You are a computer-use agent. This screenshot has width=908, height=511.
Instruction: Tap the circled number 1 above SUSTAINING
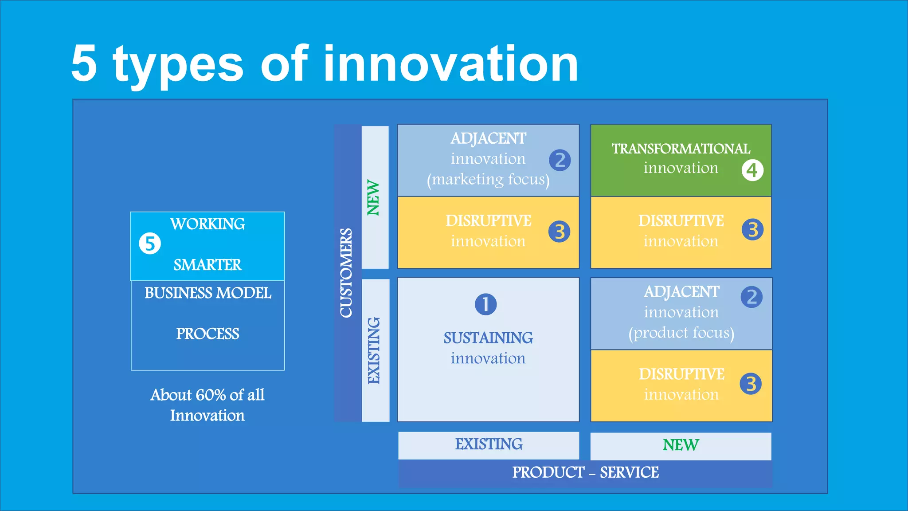pyautogui.click(x=485, y=304)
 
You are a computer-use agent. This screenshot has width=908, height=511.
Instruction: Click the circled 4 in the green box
pyautogui.click(x=752, y=170)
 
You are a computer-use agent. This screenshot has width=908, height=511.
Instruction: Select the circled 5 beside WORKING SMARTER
pyautogui.click(x=150, y=244)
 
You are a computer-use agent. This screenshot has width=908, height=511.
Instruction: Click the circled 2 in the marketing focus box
pyautogui.click(x=560, y=160)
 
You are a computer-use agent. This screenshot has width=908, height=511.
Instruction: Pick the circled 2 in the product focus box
pyautogui.click(x=751, y=297)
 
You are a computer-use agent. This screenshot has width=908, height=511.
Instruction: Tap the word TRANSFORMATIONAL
pyautogui.click(x=681, y=149)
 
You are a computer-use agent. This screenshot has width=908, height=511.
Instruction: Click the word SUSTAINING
pyautogui.click(x=488, y=338)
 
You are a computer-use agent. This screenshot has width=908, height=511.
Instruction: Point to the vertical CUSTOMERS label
pyautogui.click(x=346, y=273)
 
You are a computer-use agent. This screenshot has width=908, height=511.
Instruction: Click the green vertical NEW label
pyautogui.click(x=373, y=198)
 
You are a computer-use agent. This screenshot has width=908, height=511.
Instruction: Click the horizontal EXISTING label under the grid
pyautogui.click(x=489, y=444)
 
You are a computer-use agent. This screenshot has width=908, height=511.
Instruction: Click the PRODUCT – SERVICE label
pyautogui.click(x=585, y=473)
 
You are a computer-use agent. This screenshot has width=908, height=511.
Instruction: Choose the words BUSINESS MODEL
pyautogui.click(x=207, y=293)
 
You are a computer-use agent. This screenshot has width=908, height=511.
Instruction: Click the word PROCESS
pyautogui.click(x=207, y=334)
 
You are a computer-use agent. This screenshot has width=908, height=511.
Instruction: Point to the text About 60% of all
pyautogui.click(x=207, y=395)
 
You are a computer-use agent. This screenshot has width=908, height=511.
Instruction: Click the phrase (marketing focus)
pyautogui.click(x=488, y=180)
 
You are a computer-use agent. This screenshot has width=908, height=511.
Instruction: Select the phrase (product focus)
pyautogui.click(x=681, y=333)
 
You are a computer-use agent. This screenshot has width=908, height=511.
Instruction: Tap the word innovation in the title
pyautogui.click(x=451, y=64)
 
